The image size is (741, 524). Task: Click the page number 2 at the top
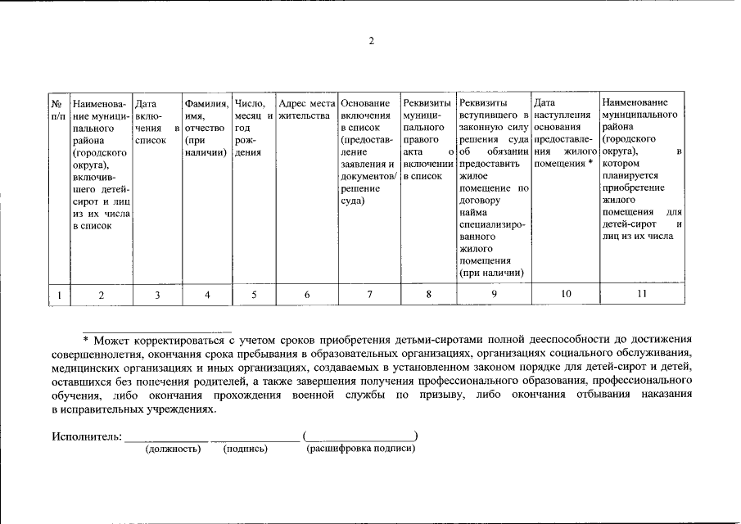(x=371, y=42)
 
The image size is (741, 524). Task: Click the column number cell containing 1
(x=58, y=294)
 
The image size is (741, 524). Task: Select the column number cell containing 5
(x=253, y=294)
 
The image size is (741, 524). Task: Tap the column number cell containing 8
(x=428, y=294)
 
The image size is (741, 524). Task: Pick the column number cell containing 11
(x=641, y=293)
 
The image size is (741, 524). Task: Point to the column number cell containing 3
(x=156, y=294)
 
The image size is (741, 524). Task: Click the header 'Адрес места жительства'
(x=306, y=110)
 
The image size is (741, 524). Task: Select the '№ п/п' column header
(x=58, y=110)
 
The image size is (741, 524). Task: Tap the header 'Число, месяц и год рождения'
(x=253, y=128)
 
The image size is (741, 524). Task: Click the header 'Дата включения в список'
(x=156, y=122)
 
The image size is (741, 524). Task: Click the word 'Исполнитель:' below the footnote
(x=86, y=436)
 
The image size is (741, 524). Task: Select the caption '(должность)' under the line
(x=172, y=449)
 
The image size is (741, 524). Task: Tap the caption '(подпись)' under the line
(x=245, y=449)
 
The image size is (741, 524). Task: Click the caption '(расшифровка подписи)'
(x=360, y=449)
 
